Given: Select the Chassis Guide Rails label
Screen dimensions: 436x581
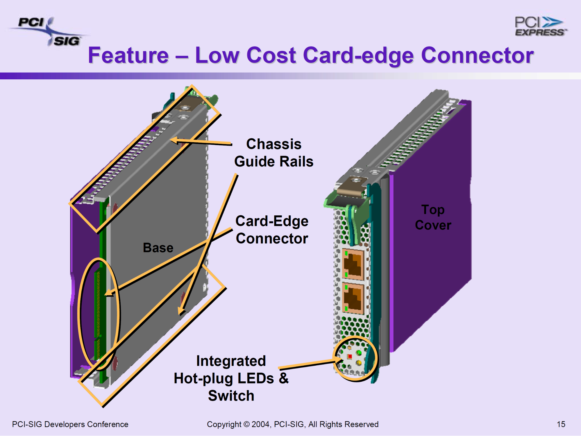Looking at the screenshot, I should pos(273,153).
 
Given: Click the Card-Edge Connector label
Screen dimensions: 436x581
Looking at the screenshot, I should pos(272,230).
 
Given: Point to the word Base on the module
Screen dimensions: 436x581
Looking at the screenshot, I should pos(158,248).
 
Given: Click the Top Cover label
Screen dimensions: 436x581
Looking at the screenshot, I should pos(433,217).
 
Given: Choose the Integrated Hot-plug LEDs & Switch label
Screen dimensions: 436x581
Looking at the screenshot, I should pos(231,378).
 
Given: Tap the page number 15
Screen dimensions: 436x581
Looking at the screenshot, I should pos(561,424).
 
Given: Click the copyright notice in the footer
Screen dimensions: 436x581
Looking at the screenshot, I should pos(292,424).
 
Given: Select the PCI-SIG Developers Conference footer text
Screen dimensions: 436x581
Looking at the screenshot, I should pos(70,424).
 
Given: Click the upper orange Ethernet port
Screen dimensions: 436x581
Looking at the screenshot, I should pos(353,264).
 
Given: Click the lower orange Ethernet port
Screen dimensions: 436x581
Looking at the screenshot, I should pos(353,298).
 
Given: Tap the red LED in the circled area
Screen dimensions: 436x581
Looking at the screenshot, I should pos(350,356).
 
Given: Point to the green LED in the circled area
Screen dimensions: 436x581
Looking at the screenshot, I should pos(359,353).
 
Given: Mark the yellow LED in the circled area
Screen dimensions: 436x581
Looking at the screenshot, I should pos(359,362).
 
